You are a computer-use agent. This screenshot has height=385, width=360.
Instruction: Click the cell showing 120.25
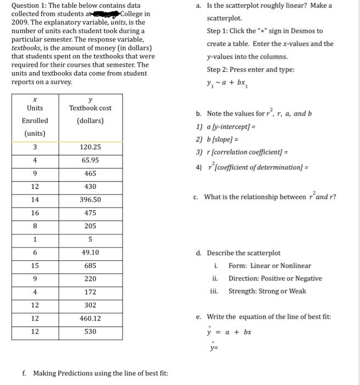(90, 147)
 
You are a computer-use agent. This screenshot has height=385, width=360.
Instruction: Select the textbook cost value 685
(90, 266)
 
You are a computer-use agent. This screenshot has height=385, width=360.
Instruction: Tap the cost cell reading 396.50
(90, 200)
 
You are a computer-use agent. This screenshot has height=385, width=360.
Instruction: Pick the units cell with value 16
(35, 213)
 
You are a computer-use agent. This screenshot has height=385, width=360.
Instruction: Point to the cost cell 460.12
(90, 318)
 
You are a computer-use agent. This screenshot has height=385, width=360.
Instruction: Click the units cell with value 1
(35, 239)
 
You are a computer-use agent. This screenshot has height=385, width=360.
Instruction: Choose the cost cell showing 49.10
(90, 252)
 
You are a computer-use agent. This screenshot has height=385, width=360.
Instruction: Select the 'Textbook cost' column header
(90, 108)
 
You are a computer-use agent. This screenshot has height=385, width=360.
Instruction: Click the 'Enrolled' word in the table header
(35, 120)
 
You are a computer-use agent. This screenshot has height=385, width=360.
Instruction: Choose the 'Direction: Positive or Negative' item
(275, 278)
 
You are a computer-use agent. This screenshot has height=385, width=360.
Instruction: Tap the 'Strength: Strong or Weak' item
(267, 291)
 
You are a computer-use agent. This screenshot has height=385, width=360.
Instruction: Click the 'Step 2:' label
(218, 70)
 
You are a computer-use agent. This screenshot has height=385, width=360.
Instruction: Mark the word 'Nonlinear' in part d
(295, 266)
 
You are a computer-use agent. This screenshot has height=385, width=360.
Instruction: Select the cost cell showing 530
(90, 332)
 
